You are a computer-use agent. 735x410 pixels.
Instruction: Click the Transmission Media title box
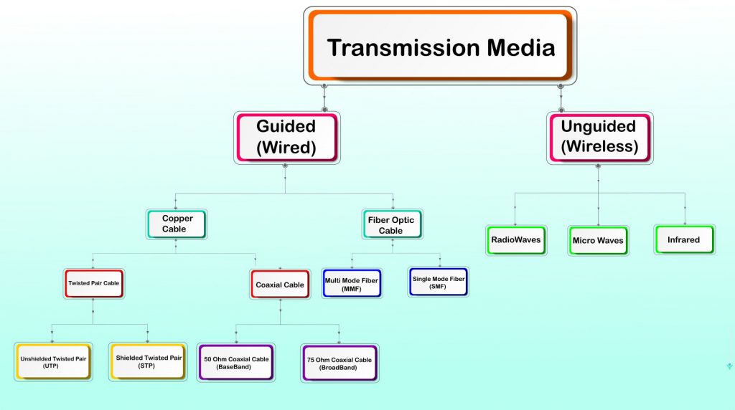(x=440, y=47)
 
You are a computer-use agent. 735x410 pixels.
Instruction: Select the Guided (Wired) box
(x=286, y=136)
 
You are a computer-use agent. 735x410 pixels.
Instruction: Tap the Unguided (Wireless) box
(x=599, y=136)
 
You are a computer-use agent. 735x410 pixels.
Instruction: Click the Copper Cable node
(x=176, y=224)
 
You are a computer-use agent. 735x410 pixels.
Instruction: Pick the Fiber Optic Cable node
(x=391, y=225)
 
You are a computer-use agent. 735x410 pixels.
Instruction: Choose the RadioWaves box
(x=515, y=239)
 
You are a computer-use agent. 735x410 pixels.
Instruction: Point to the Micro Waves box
(x=598, y=240)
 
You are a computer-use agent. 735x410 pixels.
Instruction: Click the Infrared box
(x=683, y=239)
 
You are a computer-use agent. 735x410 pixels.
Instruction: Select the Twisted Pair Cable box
(x=94, y=283)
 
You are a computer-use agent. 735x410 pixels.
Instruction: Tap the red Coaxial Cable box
(x=280, y=285)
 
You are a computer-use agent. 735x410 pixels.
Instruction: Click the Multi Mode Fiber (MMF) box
(x=351, y=283)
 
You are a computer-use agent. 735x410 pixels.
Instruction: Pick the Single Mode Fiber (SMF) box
(x=439, y=282)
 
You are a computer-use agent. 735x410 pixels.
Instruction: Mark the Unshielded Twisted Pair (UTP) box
(x=53, y=361)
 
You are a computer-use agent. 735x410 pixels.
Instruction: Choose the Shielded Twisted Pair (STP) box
(x=149, y=361)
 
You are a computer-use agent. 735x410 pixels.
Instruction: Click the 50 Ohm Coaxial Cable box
(x=235, y=362)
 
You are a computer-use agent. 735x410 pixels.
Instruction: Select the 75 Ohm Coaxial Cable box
(x=340, y=363)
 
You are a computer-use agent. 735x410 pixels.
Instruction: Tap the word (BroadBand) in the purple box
(x=340, y=368)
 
